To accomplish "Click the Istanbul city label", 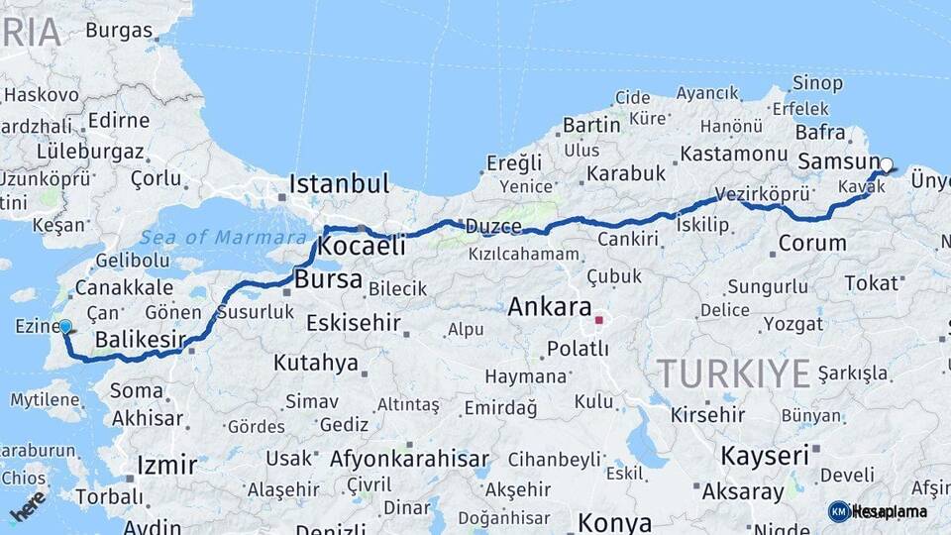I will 340,183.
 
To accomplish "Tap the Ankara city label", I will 549,307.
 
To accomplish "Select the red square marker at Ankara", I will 598,320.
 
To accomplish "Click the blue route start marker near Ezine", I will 65,326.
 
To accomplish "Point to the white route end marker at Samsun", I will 887,165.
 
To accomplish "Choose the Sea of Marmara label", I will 223,237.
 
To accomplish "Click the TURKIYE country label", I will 734,374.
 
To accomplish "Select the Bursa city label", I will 328,279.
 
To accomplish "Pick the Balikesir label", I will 140,341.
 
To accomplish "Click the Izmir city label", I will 166,465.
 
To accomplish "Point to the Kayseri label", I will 764,456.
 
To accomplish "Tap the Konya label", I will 614,522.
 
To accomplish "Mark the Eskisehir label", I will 353,323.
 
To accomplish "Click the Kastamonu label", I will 733,154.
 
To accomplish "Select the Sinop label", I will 818,83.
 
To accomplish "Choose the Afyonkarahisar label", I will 409,459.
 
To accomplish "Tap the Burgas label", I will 119,30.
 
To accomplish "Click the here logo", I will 28,505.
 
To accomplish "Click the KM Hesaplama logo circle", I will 839,511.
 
